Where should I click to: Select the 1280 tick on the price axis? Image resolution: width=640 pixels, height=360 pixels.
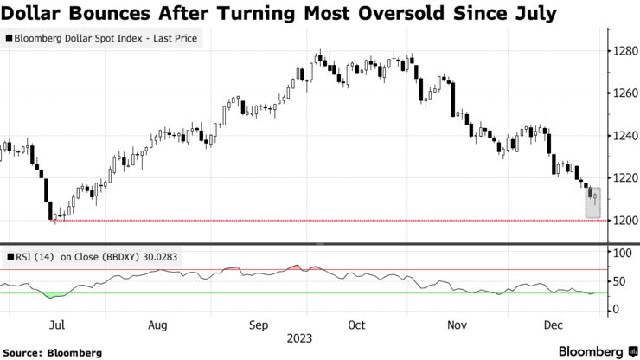point(624,52)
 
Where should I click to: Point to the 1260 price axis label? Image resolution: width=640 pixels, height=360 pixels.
point(624,94)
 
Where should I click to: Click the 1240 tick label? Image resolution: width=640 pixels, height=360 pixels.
point(624,136)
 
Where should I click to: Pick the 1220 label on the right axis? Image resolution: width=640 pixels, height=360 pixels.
point(624,178)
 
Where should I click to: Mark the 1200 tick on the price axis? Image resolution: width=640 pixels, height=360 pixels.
point(624,220)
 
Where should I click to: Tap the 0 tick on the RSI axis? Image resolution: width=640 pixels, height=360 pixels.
point(616,310)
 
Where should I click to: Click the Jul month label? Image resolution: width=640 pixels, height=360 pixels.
point(58,325)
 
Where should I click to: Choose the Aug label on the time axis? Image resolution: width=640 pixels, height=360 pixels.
point(157,325)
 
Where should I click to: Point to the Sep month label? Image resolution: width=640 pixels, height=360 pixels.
point(259,325)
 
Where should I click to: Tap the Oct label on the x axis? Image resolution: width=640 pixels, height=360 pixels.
point(356,325)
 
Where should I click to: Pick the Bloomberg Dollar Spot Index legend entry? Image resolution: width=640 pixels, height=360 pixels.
point(103,39)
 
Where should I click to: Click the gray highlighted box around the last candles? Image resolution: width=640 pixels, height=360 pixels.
point(592,196)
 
